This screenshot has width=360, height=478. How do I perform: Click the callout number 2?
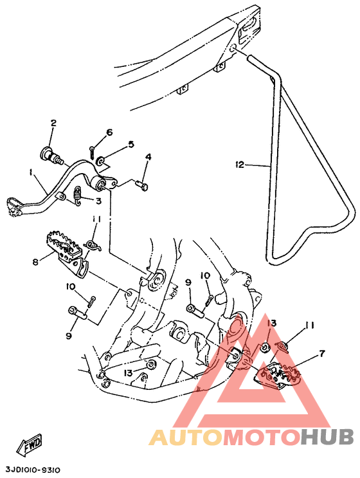pos(53,123)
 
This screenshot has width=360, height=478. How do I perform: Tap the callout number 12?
pos(240,165)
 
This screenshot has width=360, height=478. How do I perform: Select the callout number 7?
pos(321,354)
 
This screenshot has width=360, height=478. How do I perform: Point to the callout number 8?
pos(36,262)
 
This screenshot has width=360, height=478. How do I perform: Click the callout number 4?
pos(148,157)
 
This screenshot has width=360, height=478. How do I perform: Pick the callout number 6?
pos(109,133)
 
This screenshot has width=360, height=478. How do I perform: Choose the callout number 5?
pos(130,144)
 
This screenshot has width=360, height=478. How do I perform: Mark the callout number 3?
pos(98,201)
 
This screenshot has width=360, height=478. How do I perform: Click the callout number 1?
pos(31,173)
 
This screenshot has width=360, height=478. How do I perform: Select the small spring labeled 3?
pos(78,196)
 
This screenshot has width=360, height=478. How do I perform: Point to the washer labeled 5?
pos(100,160)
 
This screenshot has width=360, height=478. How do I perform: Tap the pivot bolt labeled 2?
pos(51,154)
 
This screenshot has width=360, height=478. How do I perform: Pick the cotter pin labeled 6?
pos(93,152)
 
